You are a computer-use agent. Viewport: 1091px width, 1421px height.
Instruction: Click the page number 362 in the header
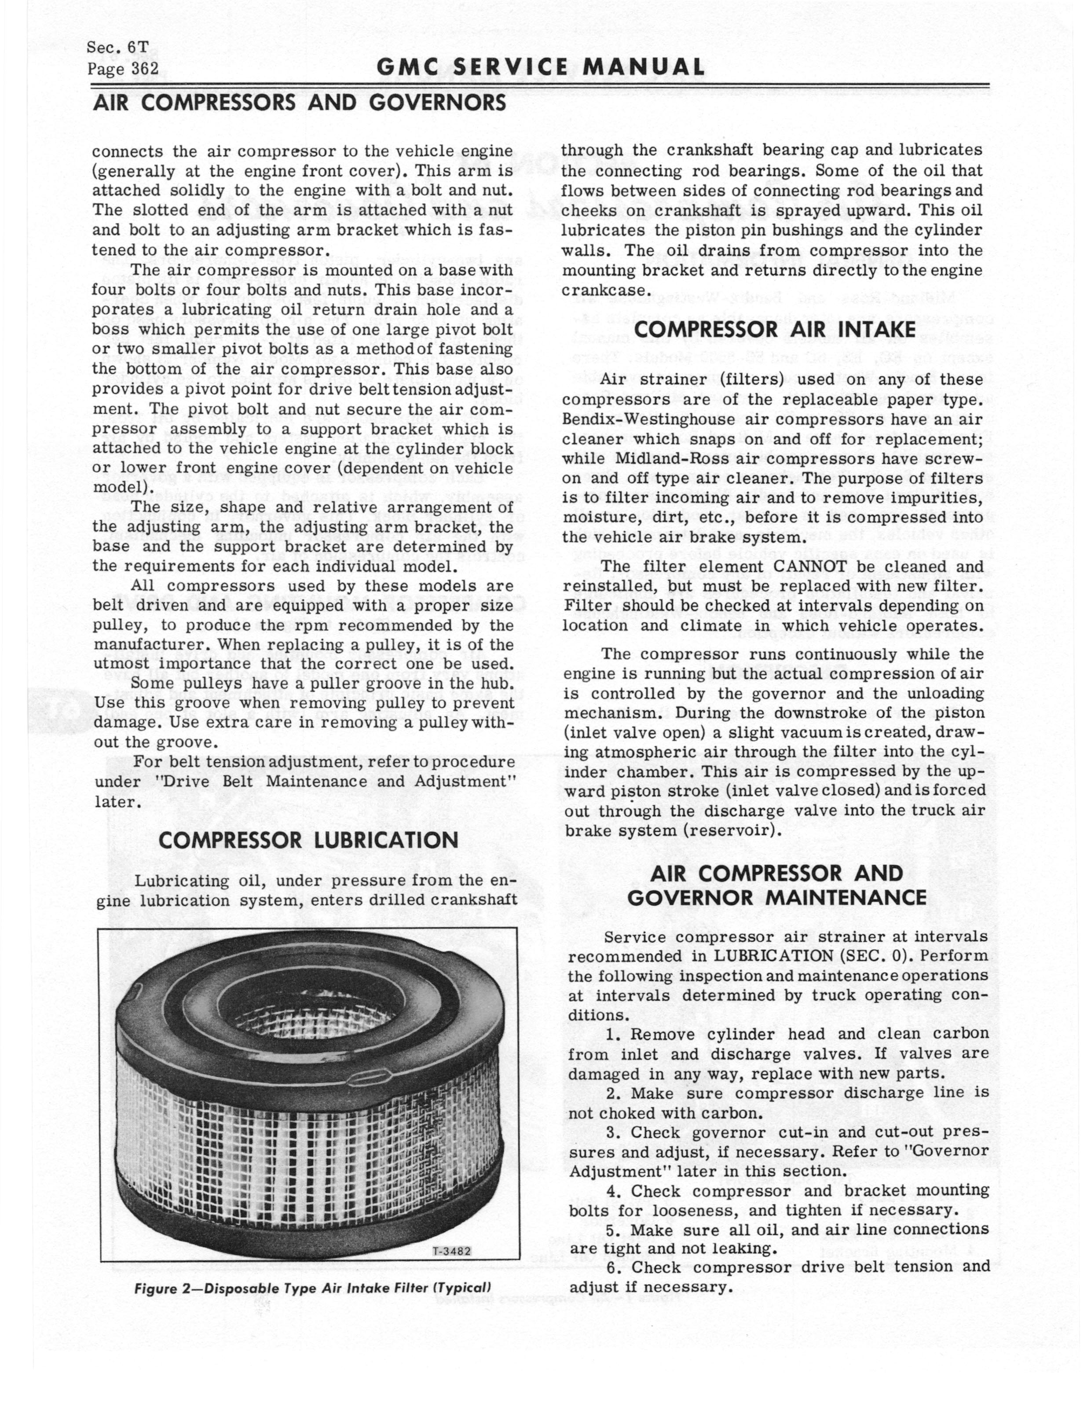tap(143, 69)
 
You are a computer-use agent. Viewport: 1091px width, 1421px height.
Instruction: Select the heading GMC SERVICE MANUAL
tap(545, 67)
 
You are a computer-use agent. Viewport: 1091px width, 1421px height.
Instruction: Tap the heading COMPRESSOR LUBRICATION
tap(308, 841)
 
